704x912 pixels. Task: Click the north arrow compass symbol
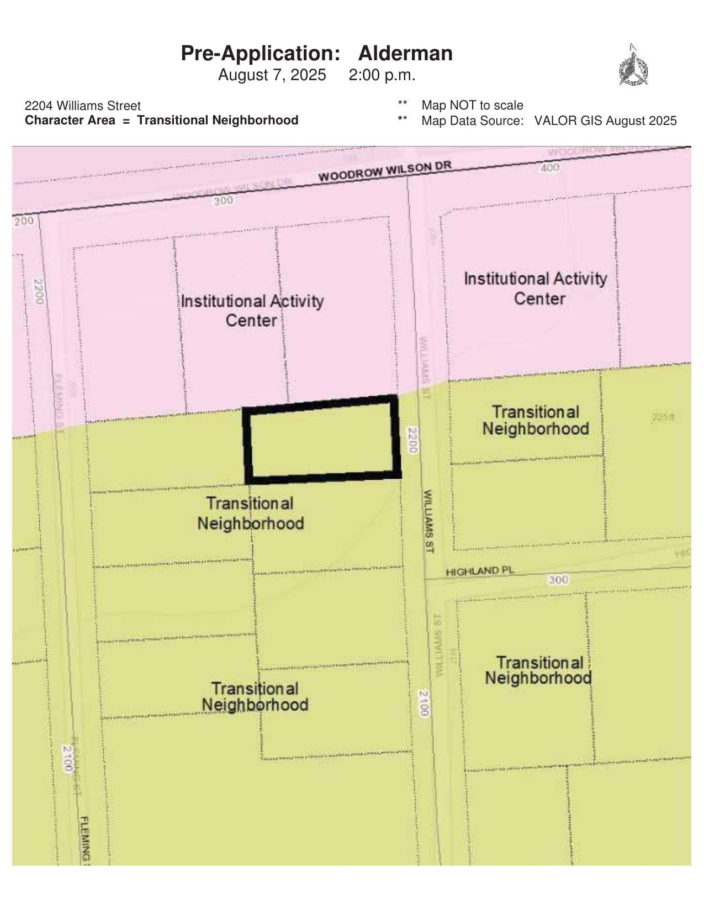tap(633, 66)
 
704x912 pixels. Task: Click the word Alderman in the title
tap(405, 54)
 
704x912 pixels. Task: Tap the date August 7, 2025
tap(272, 75)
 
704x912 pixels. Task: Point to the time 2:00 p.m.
tap(382, 75)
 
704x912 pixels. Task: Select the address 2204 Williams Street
tap(83, 106)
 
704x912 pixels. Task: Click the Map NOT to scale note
tap(472, 105)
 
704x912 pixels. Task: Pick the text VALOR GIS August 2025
tap(605, 120)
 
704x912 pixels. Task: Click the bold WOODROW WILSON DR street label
tap(385, 171)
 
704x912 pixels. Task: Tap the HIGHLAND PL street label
tap(480, 571)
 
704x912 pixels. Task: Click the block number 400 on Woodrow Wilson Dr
tap(550, 167)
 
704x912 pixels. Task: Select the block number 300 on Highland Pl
tap(558, 580)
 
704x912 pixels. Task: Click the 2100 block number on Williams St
tap(424, 703)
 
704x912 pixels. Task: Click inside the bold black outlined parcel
tap(322, 441)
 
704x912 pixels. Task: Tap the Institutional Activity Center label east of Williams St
tap(535, 289)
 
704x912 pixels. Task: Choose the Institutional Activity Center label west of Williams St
tap(252, 311)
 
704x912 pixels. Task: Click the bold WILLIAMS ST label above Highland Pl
tap(428, 521)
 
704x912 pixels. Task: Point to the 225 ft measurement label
tap(663, 417)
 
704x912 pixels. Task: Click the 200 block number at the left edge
tap(24, 222)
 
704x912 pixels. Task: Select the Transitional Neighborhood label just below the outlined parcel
tap(251, 513)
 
